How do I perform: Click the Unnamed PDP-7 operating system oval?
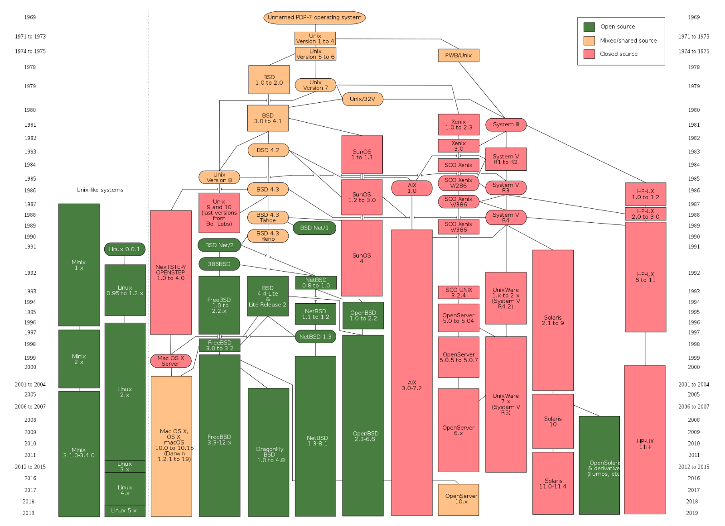point(314,18)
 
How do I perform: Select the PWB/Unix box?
point(459,55)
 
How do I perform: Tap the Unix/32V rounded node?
point(362,99)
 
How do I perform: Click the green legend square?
point(589,27)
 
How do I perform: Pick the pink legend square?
point(589,54)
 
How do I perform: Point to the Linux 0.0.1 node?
point(125,249)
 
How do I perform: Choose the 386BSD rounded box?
point(219,264)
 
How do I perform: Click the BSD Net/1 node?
point(314,228)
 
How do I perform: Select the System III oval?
point(506,124)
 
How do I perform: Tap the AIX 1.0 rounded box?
point(411,188)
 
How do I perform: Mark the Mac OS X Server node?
point(171,361)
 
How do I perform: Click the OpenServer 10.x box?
point(459,499)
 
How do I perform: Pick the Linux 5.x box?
point(125,511)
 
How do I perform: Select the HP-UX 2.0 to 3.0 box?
point(645,214)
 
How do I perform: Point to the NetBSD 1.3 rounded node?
point(315,337)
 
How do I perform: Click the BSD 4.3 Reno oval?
point(268,236)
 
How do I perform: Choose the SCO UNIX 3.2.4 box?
point(459,292)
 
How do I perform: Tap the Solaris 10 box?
point(553,421)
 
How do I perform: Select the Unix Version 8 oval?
point(219,177)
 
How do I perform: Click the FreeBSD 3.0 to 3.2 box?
point(220,345)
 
